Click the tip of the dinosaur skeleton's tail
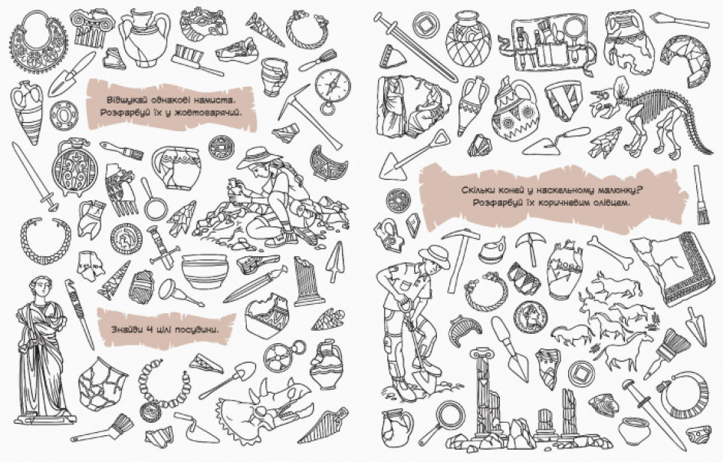(713, 153)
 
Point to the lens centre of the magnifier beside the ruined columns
(449, 413)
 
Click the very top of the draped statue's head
(41, 276)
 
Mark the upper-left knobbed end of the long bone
(594, 240)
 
